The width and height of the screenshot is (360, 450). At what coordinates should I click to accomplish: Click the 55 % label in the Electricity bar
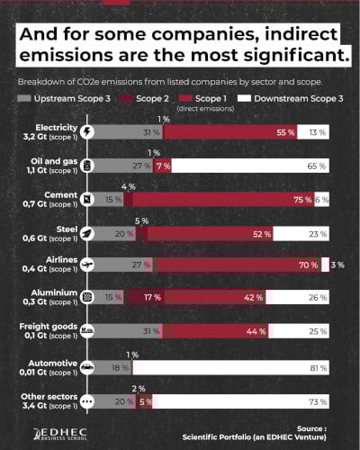pos(285,132)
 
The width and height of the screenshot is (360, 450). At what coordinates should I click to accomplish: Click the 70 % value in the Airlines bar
pos(307,265)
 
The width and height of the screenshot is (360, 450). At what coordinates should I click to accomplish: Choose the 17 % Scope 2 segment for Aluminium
pos(153,298)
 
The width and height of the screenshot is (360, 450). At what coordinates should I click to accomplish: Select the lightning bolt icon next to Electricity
pos(87,132)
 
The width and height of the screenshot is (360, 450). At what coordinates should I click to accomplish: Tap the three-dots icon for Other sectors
pos(87,401)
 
